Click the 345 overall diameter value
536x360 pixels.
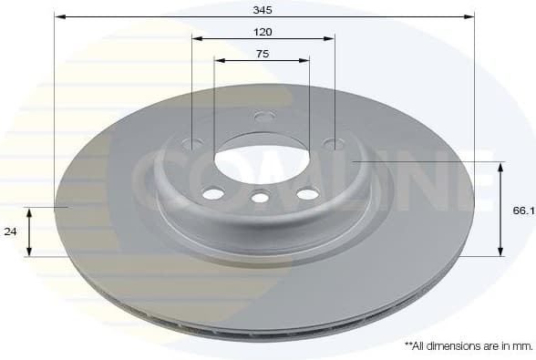click(x=263, y=8)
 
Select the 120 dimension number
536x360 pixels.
click(x=263, y=31)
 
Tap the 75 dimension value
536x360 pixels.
click(x=262, y=54)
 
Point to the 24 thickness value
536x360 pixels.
click(x=11, y=231)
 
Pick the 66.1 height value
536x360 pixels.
click(x=522, y=210)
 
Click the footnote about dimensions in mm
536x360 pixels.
click(x=468, y=346)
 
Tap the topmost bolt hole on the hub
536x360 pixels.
click(x=264, y=117)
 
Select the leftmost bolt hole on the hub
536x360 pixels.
click(x=192, y=143)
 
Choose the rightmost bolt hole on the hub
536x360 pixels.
click(x=335, y=143)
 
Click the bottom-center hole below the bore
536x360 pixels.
click(x=261, y=197)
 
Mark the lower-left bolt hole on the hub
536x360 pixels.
click(x=213, y=193)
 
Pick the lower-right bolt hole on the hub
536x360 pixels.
click(x=308, y=193)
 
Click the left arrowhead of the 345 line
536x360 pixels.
click(x=57, y=16)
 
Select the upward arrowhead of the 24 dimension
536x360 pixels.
click(x=30, y=211)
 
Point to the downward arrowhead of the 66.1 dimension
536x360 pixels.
click(x=500, y=252)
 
